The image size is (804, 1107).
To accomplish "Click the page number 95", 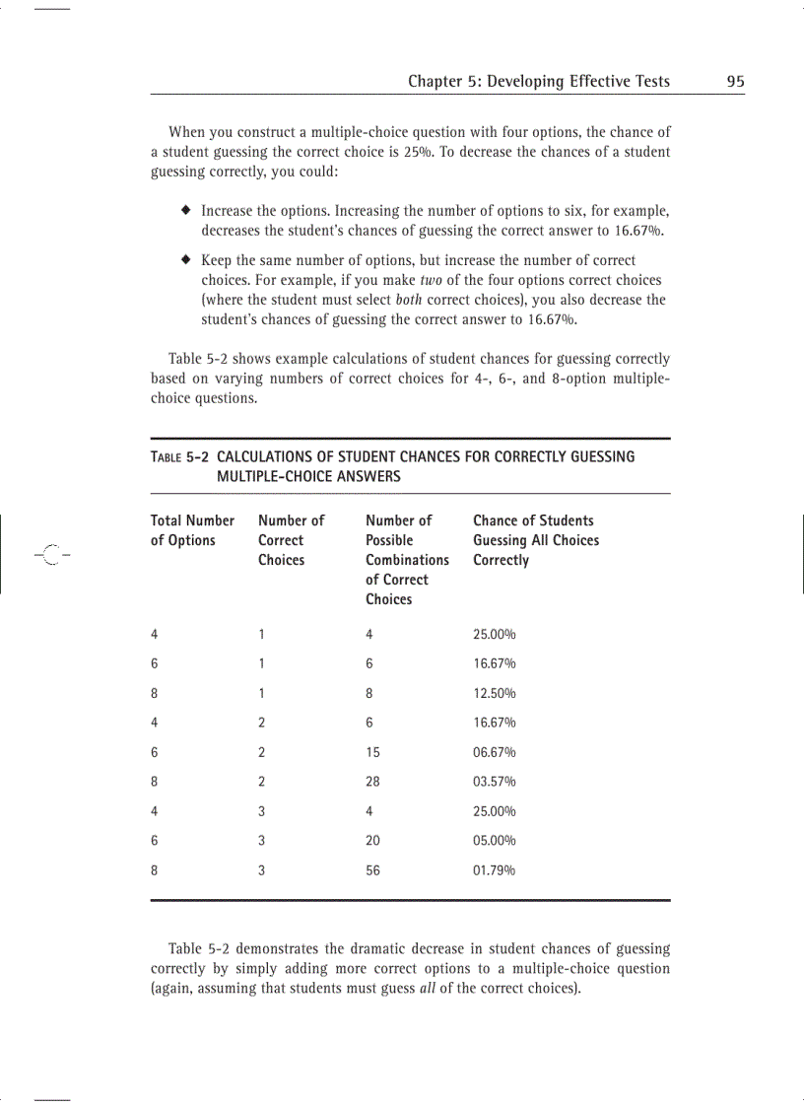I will tap(735, 82).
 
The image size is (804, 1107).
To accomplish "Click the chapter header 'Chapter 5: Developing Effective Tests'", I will tap(539, 82).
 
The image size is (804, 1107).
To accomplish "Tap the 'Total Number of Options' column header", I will tap(192, 530).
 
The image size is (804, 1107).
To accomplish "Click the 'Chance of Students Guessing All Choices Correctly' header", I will tap(535, 540).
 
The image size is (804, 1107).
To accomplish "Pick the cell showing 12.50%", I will tap(495, 693).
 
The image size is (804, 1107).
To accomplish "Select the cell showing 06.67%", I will tap(495, 752).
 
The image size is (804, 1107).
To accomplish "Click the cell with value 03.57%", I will tap(495, 782).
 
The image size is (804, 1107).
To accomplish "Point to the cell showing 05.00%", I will tap(495, 841).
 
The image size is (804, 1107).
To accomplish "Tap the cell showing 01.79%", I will tap(495, 870).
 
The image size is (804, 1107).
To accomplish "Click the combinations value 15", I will tap(372, 752).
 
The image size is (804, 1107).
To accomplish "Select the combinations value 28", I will tap(372, 782).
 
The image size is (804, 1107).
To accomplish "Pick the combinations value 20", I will tap(372, 841).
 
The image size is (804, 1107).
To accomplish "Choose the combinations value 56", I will tap(372, 870).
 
